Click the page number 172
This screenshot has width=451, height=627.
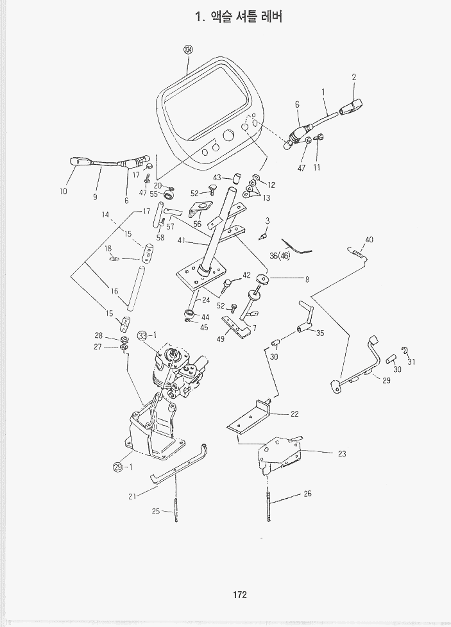coord(240,594)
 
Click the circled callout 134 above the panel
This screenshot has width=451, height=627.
coord(188,49)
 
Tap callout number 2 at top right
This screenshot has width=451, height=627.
coord(354,77)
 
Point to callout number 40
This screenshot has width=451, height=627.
coord(369,240)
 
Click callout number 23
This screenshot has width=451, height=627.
coord(342,453)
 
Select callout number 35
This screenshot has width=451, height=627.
coord(320,333)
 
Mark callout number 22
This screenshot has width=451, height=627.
coord(294,414)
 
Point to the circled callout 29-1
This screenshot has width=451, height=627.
coord(120,466)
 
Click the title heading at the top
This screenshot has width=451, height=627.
coord(239,17)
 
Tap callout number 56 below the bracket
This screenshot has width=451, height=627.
coord(198,224)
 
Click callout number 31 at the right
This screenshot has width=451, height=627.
coord(411,362)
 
